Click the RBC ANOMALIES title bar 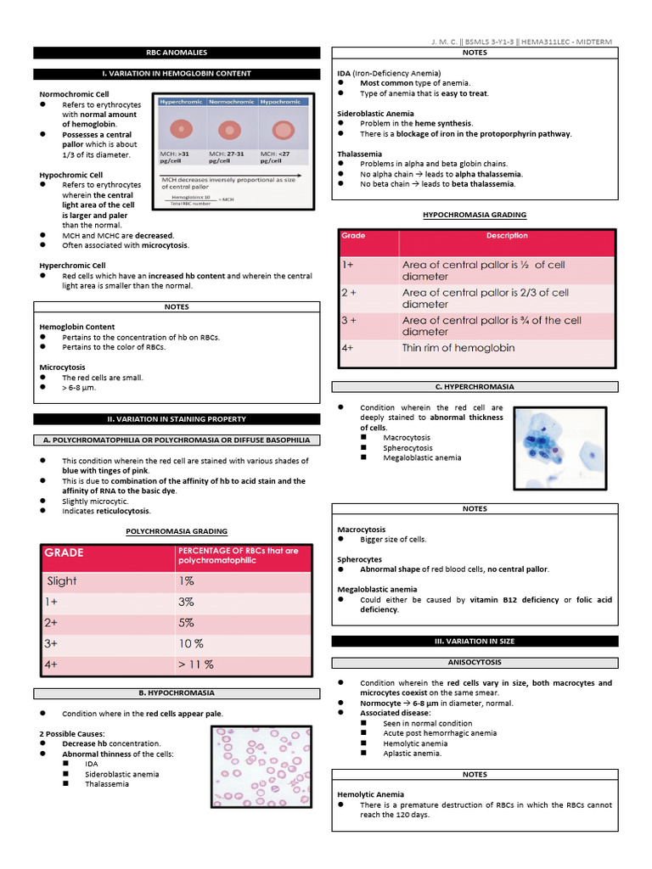177,53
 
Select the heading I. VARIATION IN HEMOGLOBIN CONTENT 177,74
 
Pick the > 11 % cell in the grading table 195,664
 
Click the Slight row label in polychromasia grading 62,580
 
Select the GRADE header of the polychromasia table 64,552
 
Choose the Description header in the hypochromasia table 507,236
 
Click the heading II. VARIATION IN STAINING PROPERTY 177,418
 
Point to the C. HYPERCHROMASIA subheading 474,387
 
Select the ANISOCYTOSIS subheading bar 474,662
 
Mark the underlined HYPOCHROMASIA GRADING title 474,216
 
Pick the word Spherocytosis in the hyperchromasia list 407,448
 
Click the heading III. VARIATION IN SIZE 474,641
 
